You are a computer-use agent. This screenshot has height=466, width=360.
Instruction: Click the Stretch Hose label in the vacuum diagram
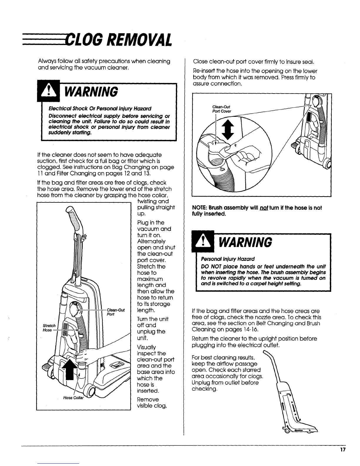click(x=49, y=328)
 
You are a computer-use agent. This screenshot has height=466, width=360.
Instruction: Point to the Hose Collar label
click(x=74, y=398)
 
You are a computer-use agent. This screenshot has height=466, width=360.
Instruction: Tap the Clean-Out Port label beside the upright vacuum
click(x=116, y=312)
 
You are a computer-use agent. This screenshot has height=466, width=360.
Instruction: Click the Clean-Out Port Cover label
click(x=221, y=109)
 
